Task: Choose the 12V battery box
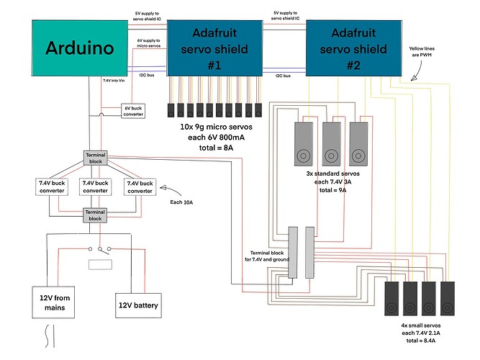[x=139, y=305]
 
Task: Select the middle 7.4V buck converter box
[x=96, y=186]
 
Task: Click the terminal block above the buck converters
[x=96, y=158]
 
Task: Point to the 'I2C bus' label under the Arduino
[x=145, y=75]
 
